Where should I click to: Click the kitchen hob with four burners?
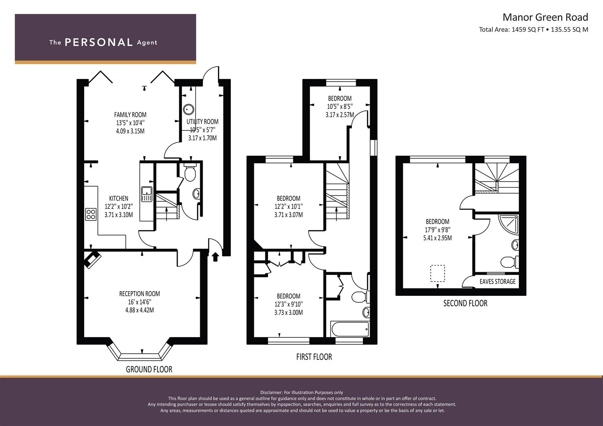coord(91,214)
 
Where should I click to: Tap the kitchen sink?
coord(147,194)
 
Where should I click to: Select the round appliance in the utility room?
coord(189,110)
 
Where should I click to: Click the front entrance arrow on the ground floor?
coord(215,257)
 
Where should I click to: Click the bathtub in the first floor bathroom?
coord(350,329)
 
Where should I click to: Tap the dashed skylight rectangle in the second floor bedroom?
coord(438,273)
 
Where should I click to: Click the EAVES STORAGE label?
coord(498,281)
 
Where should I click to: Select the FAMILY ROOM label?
coord(130,115)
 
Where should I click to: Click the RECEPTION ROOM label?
coord(139,294)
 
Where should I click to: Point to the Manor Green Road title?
coord(545,17)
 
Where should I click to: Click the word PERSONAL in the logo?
coord(99,42)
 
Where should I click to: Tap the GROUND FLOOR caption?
coord(149,369)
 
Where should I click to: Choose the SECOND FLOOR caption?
coord(466,303)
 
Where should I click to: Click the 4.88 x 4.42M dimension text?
coord(139,310)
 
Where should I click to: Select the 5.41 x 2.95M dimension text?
coord(438,238)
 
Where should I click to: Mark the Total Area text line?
coord(533,30)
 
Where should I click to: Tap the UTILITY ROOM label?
coord(203,121)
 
